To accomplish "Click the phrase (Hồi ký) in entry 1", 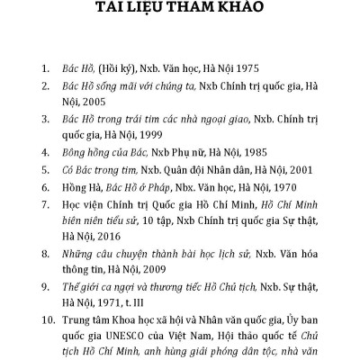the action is [119, 67].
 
